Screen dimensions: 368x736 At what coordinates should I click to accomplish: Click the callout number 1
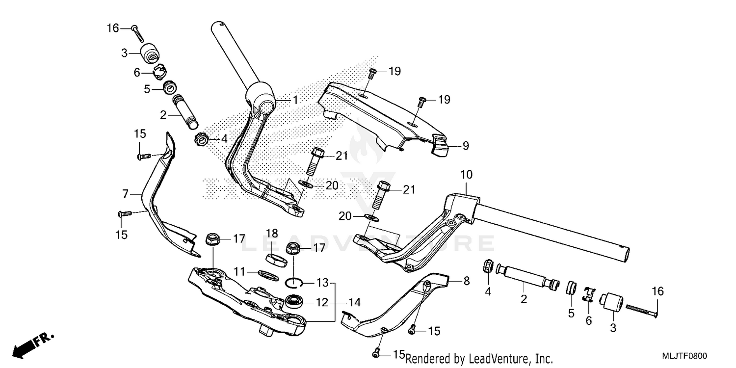click(x=295, y=100)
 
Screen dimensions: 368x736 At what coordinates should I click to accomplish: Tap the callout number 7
click(x=126, y=194)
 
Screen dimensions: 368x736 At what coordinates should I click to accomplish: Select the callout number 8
click(x=466, y=281)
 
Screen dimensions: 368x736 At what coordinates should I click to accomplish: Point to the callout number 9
click(x=465, y=145)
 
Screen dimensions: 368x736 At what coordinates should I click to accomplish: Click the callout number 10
click(x=466, y=174)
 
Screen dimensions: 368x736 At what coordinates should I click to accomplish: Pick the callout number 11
click(x=239, y=271)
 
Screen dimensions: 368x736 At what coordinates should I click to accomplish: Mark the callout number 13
click(x=322, y=283)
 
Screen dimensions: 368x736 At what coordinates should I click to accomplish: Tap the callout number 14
click(x=354, y=302)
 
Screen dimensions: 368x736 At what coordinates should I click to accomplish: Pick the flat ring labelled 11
click(x=268, y=275)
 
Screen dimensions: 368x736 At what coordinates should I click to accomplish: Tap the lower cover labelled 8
click(x=393, y=309)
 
